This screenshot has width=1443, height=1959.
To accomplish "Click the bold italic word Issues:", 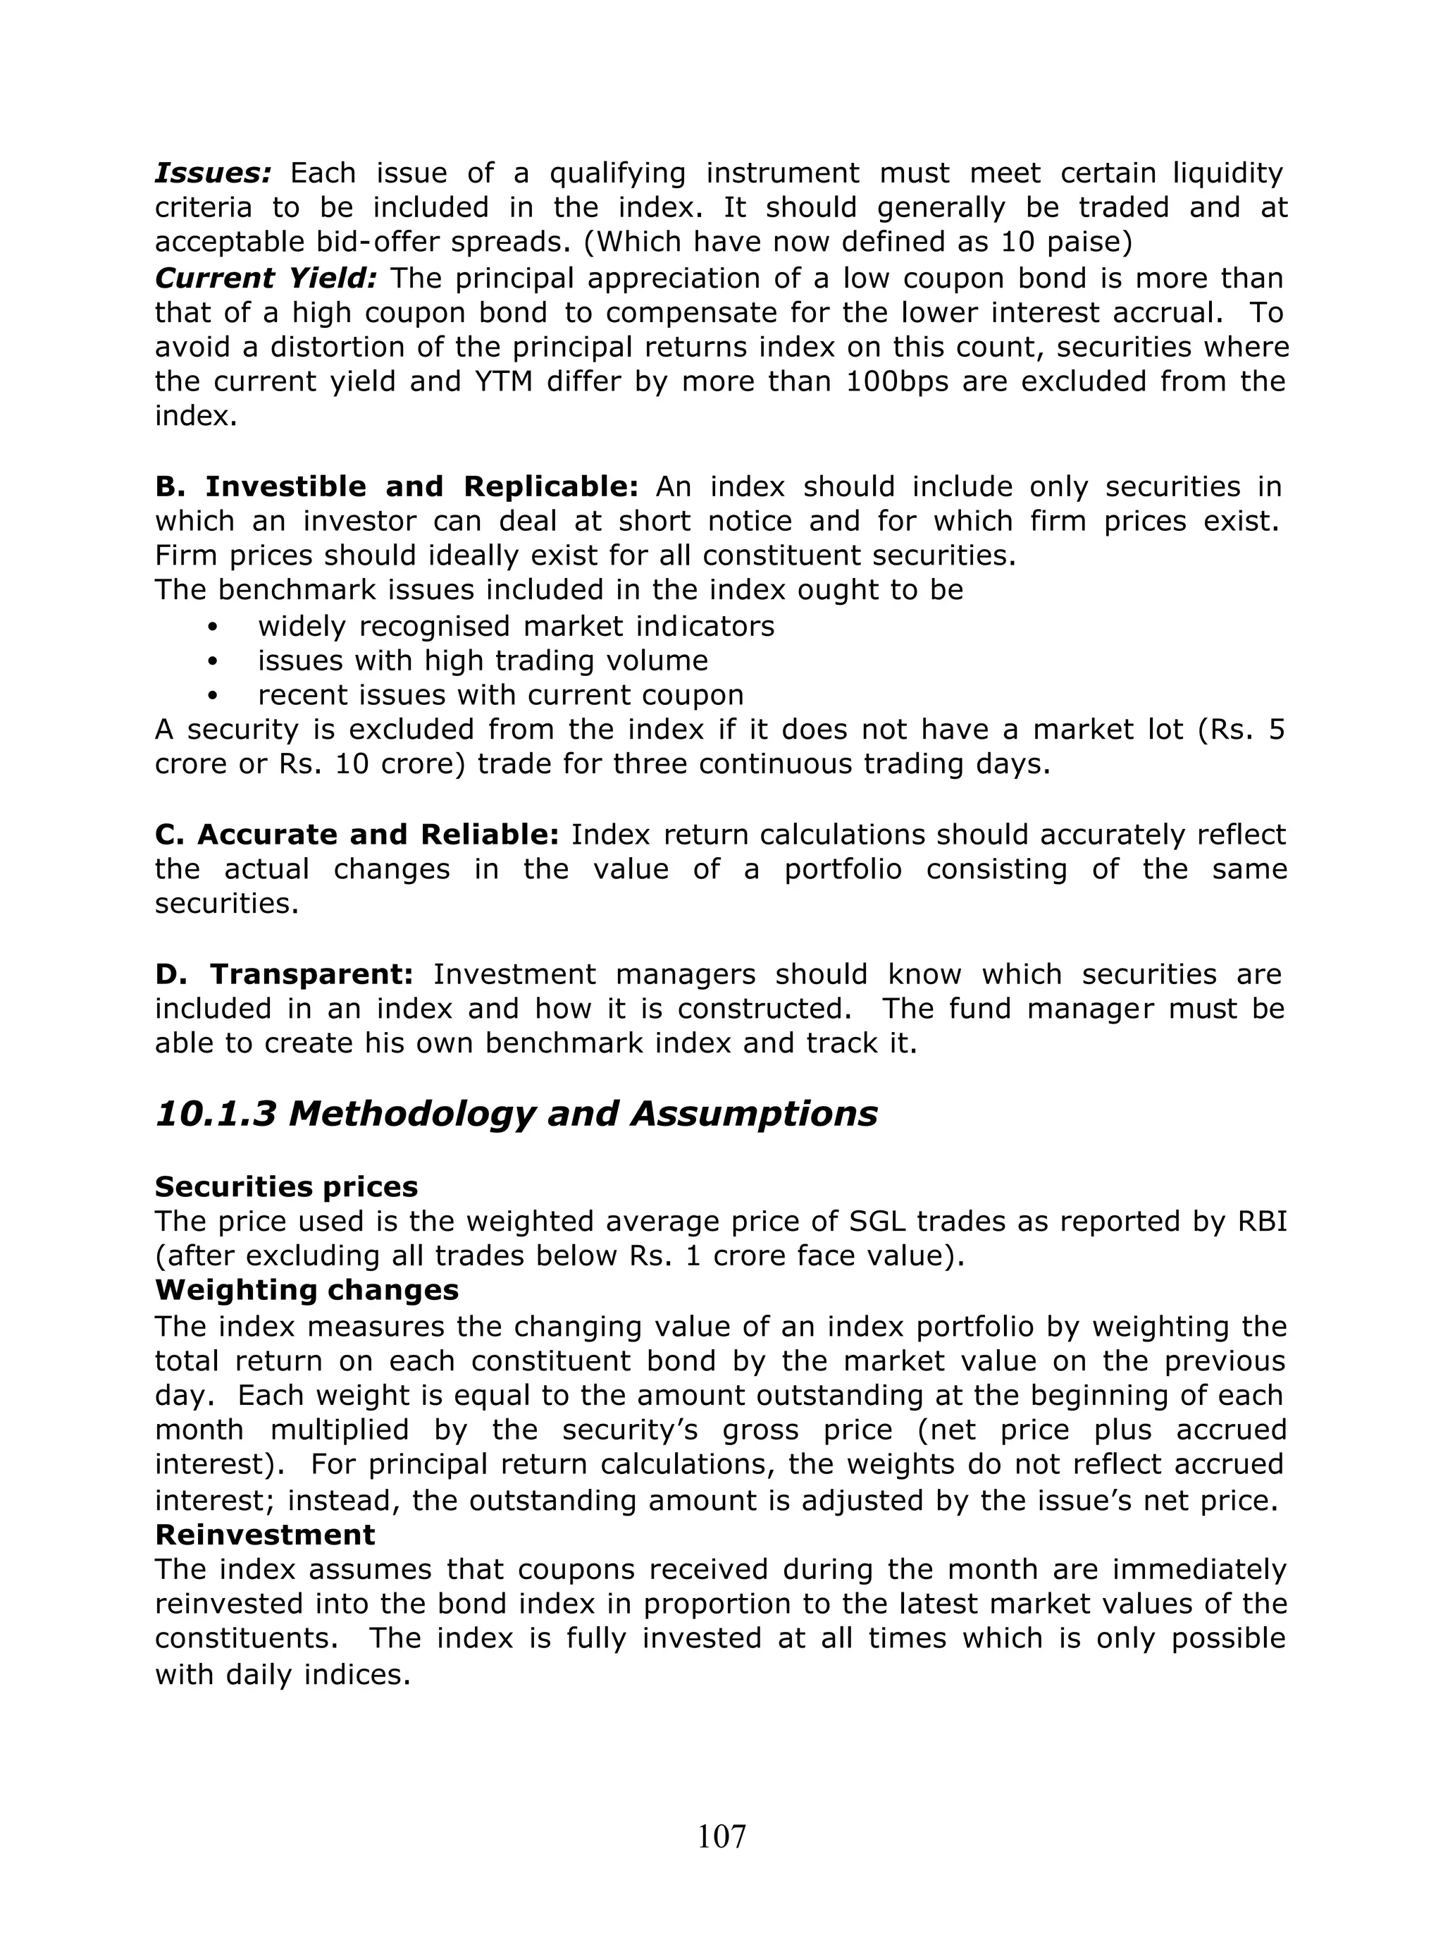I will pyautogui.click(x=213, y=173).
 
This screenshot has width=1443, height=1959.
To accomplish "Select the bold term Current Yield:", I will pyautogui.click(x=266, y=278).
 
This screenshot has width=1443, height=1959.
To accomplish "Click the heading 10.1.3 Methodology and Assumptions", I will pyautogui.click(x=515, y=1114).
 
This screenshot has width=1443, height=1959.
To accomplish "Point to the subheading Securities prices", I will pyautogui.click(x=285, y=1186).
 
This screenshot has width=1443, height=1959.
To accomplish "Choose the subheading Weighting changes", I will pyautogui.click(x=306, y=1290).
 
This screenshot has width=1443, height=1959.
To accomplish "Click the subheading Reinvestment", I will pyautogui.click(x=265, y=1535).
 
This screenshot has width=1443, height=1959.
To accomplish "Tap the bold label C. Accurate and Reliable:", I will pyautogui.click(x=357, y=835).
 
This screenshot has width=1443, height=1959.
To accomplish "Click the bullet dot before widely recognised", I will pyautogui.click(x=212, y=627).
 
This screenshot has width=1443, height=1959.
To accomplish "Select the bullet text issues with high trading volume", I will pyautogui.click(x=482, y=661).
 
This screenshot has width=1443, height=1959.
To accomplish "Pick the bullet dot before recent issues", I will pyautogui.click(x=212, y=696).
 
